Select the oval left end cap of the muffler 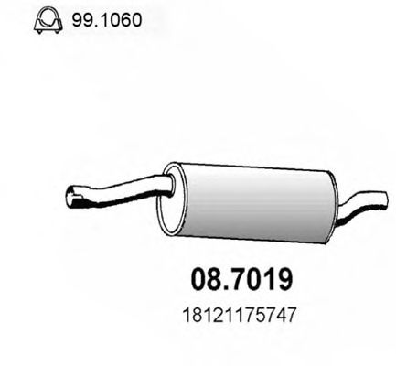click(x=172, y=196)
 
